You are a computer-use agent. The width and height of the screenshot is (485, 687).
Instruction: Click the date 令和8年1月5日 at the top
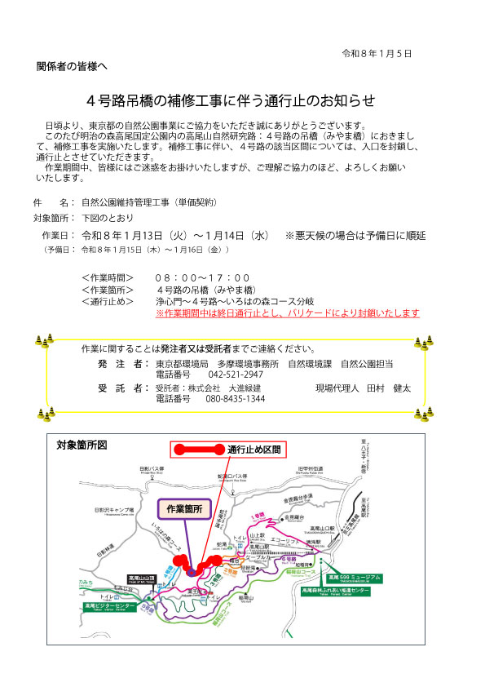point(376,53)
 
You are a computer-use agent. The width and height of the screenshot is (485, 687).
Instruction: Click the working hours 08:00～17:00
point(203,278)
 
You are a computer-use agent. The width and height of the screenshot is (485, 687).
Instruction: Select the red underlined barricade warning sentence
point(287,312)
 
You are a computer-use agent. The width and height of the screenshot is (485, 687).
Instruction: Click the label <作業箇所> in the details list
point(108,290)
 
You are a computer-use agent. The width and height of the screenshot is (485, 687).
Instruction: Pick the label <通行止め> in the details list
point(108,301)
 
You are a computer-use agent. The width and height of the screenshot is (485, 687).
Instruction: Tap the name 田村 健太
point(388,388)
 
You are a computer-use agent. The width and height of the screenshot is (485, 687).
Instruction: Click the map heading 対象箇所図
point(82,445)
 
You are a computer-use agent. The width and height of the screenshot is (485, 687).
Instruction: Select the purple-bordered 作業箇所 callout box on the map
point(183,508)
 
